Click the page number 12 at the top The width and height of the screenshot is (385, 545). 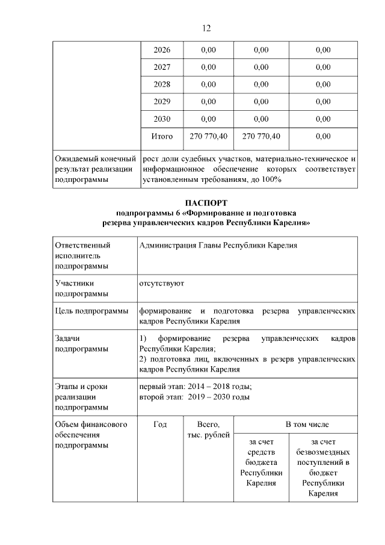click(205, 28)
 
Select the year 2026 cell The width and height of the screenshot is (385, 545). click(162, 49)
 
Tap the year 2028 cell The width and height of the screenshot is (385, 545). click(162, 84)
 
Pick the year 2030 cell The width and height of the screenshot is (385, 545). click(162, 119)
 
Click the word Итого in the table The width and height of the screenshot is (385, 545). click(162, 136)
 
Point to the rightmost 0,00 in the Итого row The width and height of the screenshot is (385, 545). click(322, 136)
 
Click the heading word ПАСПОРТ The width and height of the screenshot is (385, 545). click(206, 204)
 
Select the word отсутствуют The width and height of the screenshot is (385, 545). click(161, 282)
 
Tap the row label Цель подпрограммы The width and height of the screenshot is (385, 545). click(91, 311)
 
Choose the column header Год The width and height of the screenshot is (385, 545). click(160, 425)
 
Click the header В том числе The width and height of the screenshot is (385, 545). click(307, 425)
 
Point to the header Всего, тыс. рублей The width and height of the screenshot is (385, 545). click(208, 430)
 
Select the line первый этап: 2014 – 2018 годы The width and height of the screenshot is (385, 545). click(196, 387)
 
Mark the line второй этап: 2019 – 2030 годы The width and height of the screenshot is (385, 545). click(195, 396)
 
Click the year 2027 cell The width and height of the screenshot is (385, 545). click(162, 67)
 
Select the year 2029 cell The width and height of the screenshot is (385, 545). click(162, 101)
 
